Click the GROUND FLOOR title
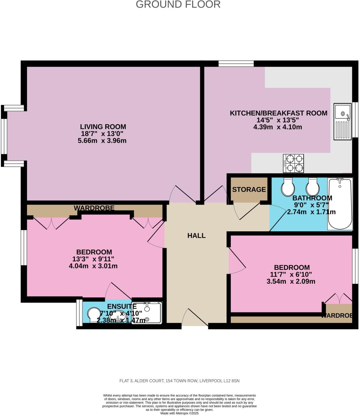(x=178, y=5)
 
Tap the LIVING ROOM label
(x=103, y=127)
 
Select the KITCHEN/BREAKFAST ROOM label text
(x=278, y=113)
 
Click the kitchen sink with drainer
(x=342, y=121)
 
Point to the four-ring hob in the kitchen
(x=293, y=163)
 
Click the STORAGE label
(x=249, y=189)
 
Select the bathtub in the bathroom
(x=340, y=204)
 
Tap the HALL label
(x=196, y=236)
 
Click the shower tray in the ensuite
(x=147, y=313)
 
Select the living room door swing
(x=182, y=195)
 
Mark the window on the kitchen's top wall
(x=236, y=63)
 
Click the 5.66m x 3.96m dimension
(x=102, y=141)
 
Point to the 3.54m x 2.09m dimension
(x=291, y=281)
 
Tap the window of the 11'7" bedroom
(x=355, y=266)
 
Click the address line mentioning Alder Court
(x=179, y=381)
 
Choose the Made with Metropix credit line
(x=179, y=413)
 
